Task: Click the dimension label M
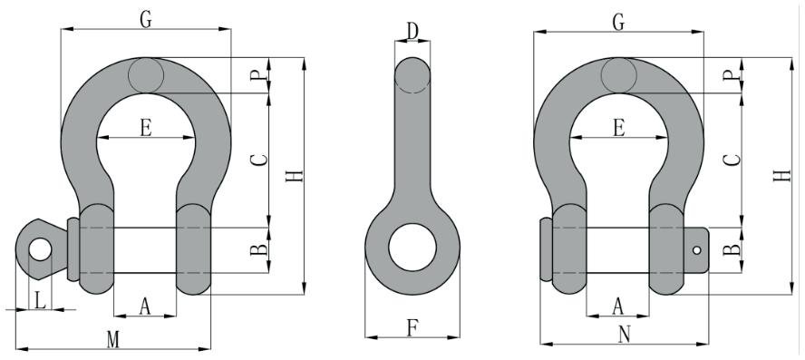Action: coord(113,339)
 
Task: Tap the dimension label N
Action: coord(624,335)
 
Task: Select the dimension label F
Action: coord(412,327)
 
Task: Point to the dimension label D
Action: coord(412,32)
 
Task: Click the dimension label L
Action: coord(40,299)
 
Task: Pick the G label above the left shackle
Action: coord(146,20)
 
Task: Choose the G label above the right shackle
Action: coord(618,22)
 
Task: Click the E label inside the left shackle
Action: coord(146,127)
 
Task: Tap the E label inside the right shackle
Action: coord(619,127)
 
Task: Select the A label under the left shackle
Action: coord(145,306)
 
